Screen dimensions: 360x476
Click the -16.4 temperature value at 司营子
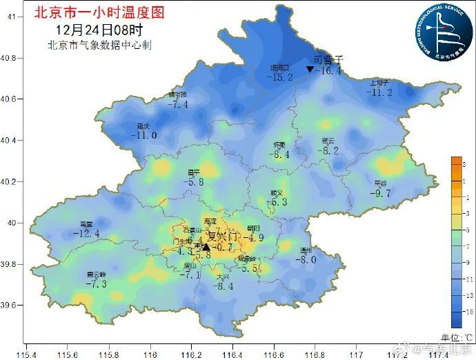[x=328, y=70]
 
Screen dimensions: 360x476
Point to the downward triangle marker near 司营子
[x=310, y=70]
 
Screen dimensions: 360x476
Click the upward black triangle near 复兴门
[x=206, y=246]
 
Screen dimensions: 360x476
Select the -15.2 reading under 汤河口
[x=280, y=77]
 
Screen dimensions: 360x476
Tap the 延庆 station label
[x=143, y=126]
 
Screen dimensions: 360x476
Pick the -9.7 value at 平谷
[x=380, y=193]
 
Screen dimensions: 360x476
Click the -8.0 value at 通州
[x=306, y=259]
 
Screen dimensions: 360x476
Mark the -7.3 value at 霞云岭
[x=96, y=283]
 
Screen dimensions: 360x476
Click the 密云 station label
[x=328, y=141]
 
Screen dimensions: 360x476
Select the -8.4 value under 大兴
[x=224, y=286]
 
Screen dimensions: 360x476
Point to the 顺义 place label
[x=277, y=193]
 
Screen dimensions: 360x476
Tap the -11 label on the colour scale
[x=466, y=279]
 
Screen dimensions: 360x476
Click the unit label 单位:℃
[x=456, y=337]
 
